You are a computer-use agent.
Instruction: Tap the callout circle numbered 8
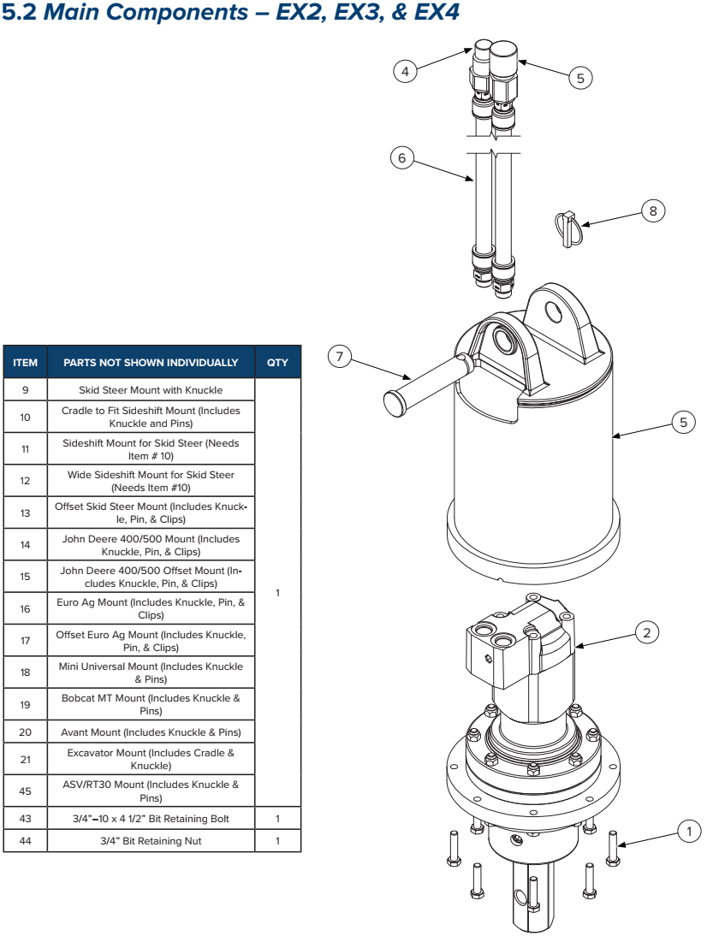pos(653,210)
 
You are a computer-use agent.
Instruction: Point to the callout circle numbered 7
pos(340,357)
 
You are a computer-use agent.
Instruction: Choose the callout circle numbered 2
pos(647,632)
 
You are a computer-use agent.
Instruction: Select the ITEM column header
pos(26,363)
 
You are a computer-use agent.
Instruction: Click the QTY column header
pos(277,363)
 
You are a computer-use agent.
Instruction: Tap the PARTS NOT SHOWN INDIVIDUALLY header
pos(151,363)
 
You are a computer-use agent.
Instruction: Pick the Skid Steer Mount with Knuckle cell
pos(151,390)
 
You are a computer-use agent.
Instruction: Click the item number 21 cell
pos(26,759)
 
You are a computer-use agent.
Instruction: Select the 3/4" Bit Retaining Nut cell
pos(151,841)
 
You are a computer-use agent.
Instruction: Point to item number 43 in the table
pos(26,820)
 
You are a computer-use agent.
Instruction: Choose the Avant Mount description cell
pos(151,732)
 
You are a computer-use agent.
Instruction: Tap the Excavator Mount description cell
pos(151,759)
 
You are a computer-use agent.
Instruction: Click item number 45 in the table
pos(26,791)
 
